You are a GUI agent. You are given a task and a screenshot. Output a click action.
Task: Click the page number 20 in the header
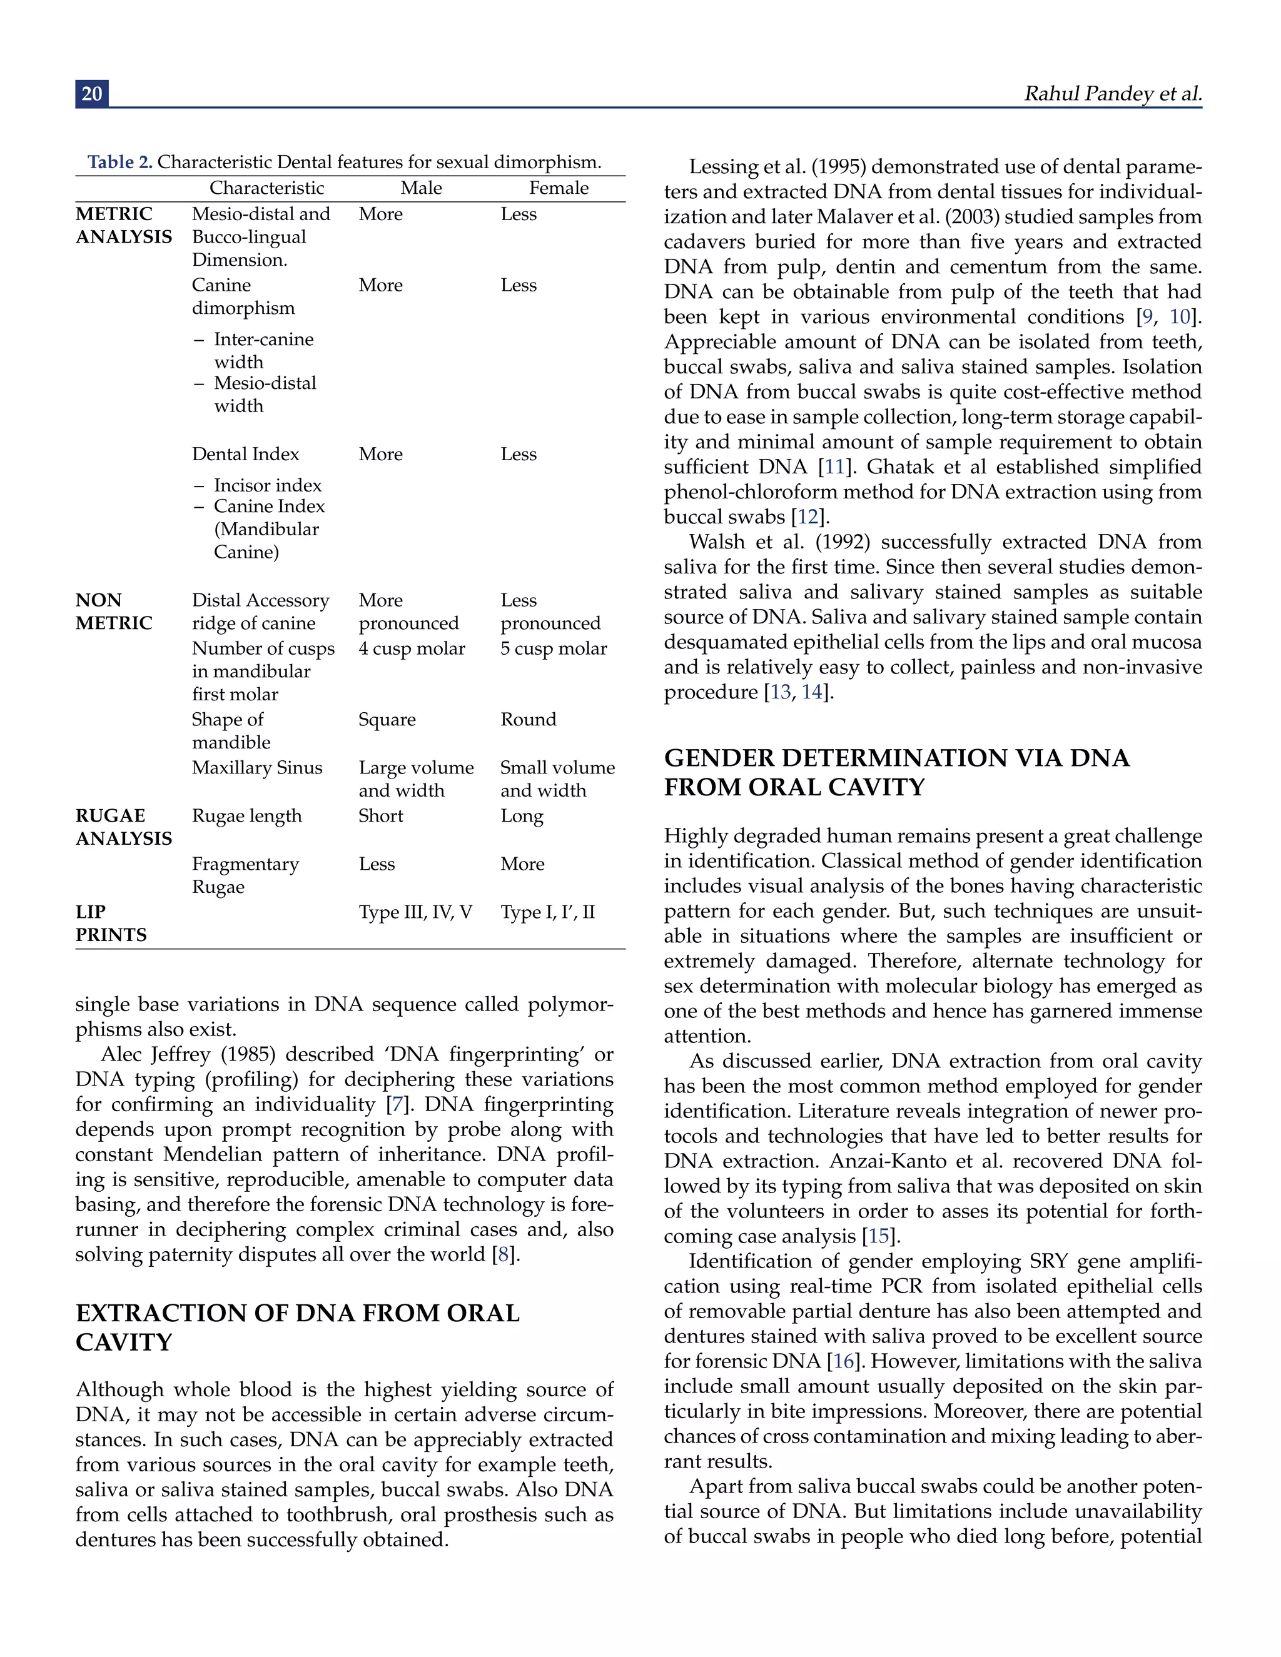pyautogui.click(x=92, y=93)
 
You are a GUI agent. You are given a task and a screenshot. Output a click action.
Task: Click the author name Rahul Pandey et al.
pyautogui.click(x=1113, y=93)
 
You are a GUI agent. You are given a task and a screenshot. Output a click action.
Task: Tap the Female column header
pyautogui.click(x=559, y=188)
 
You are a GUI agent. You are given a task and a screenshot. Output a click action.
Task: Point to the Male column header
pyautogui.click(x=421, y=188)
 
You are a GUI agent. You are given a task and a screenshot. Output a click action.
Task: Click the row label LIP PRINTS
pyautogui.click(x=111, y=924)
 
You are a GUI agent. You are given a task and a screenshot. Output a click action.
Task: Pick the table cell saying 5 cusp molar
pyautogui.click(x=553, y=648)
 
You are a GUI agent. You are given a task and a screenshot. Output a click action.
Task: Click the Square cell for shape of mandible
pyautogui.click(x=387, y=719)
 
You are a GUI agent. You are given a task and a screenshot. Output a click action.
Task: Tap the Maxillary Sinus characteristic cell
pyautogui.click(x=256, y=768)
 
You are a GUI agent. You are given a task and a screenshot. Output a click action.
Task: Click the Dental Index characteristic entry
pyautogui.click(x=245, y=454)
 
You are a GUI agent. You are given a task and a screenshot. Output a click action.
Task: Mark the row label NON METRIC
pyautogui.click(x=114, y=612)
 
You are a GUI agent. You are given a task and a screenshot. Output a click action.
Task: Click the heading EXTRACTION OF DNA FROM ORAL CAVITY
pyautogui.click(x=298, y=1327)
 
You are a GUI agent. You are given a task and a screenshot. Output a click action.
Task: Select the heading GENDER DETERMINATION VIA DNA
pyautogui.click(x=896, y=758)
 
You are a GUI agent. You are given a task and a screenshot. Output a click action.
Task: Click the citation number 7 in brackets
pyautogui.click(x=395, y=1105)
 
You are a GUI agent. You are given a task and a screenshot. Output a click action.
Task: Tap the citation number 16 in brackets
pyautogui.click(x=844, y=1361)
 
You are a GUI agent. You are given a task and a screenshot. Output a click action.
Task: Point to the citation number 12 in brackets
pyautogui.click(x=808, y=518)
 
